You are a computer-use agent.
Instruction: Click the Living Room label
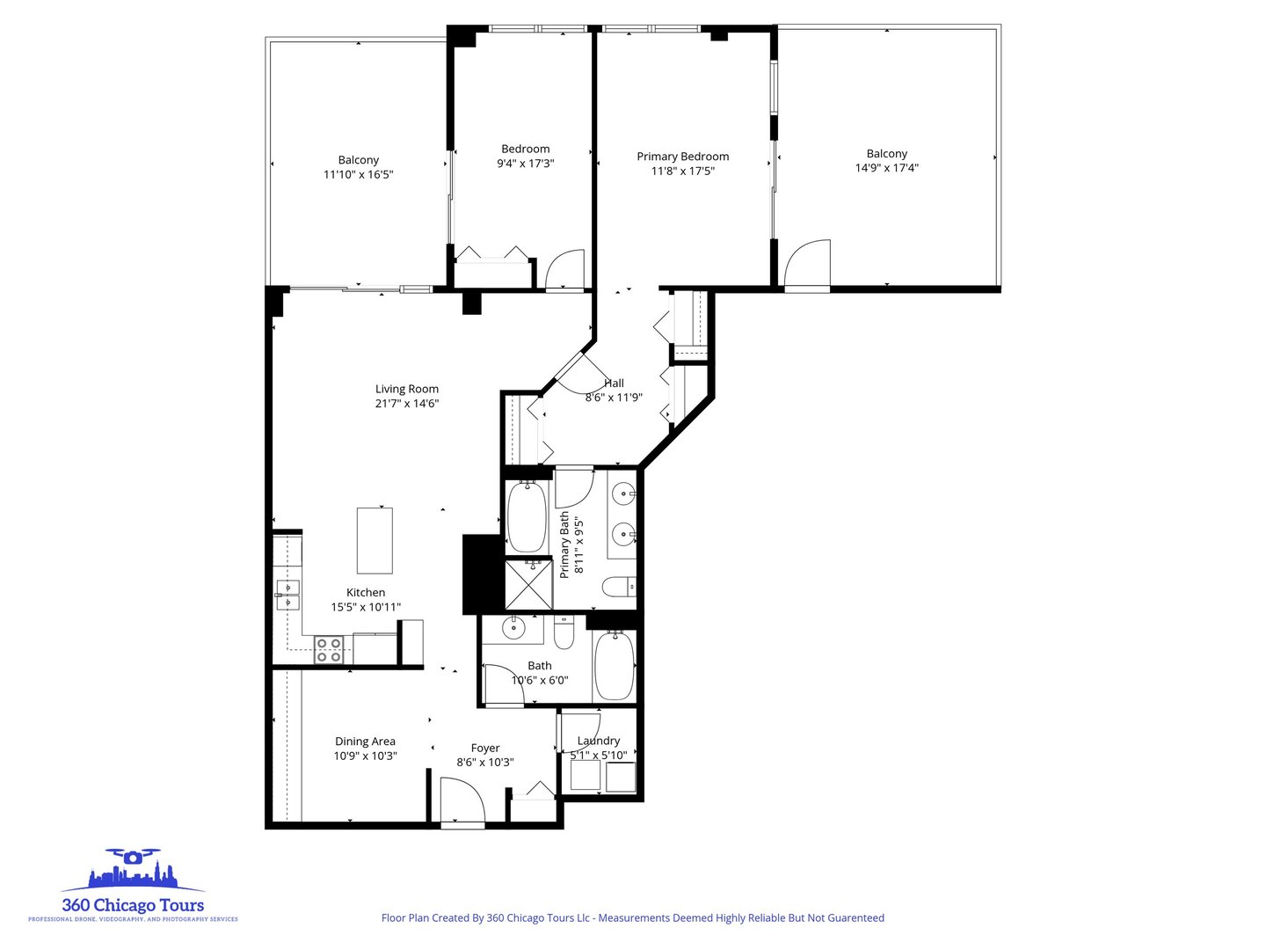[x=406, y=389]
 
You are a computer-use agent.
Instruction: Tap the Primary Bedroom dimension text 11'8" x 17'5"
[x=682, y=172]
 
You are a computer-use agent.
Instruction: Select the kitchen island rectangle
[x=375, y=540]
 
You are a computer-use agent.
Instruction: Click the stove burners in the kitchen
[x=329, y=650]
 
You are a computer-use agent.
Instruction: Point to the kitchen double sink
[x=287, y=595]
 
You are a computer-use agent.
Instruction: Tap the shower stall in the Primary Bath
[x=528, y=585]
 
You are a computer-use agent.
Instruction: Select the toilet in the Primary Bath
[x=618, y=586]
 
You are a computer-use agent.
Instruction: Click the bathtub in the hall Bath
[x=615, y=666]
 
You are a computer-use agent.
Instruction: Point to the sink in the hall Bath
[x=513, y=629]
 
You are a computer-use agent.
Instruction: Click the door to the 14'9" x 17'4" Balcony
[x=807, y=265]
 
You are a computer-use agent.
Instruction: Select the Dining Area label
[x=365, y=742]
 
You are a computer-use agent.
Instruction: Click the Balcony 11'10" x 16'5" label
[x=358, y=167]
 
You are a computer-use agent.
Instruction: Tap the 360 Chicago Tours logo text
[x=133, y=905]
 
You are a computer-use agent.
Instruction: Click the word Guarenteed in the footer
[x=855, y=918]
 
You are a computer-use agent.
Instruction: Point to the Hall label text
[x=614, y=383]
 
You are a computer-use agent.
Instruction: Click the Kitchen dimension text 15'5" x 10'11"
[x=366, y=607]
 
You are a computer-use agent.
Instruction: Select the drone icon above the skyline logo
[x=133, y=856]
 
